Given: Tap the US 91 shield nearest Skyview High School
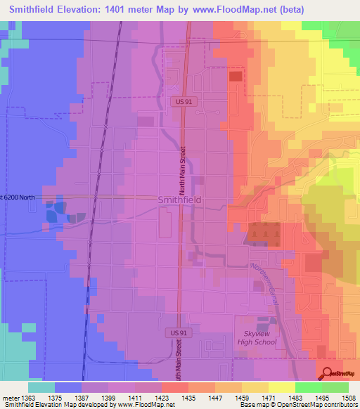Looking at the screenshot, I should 176,332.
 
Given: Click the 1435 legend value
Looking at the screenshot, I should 187,398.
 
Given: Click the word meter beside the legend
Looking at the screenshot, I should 8,398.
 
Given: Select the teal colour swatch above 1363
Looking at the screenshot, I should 41,387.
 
